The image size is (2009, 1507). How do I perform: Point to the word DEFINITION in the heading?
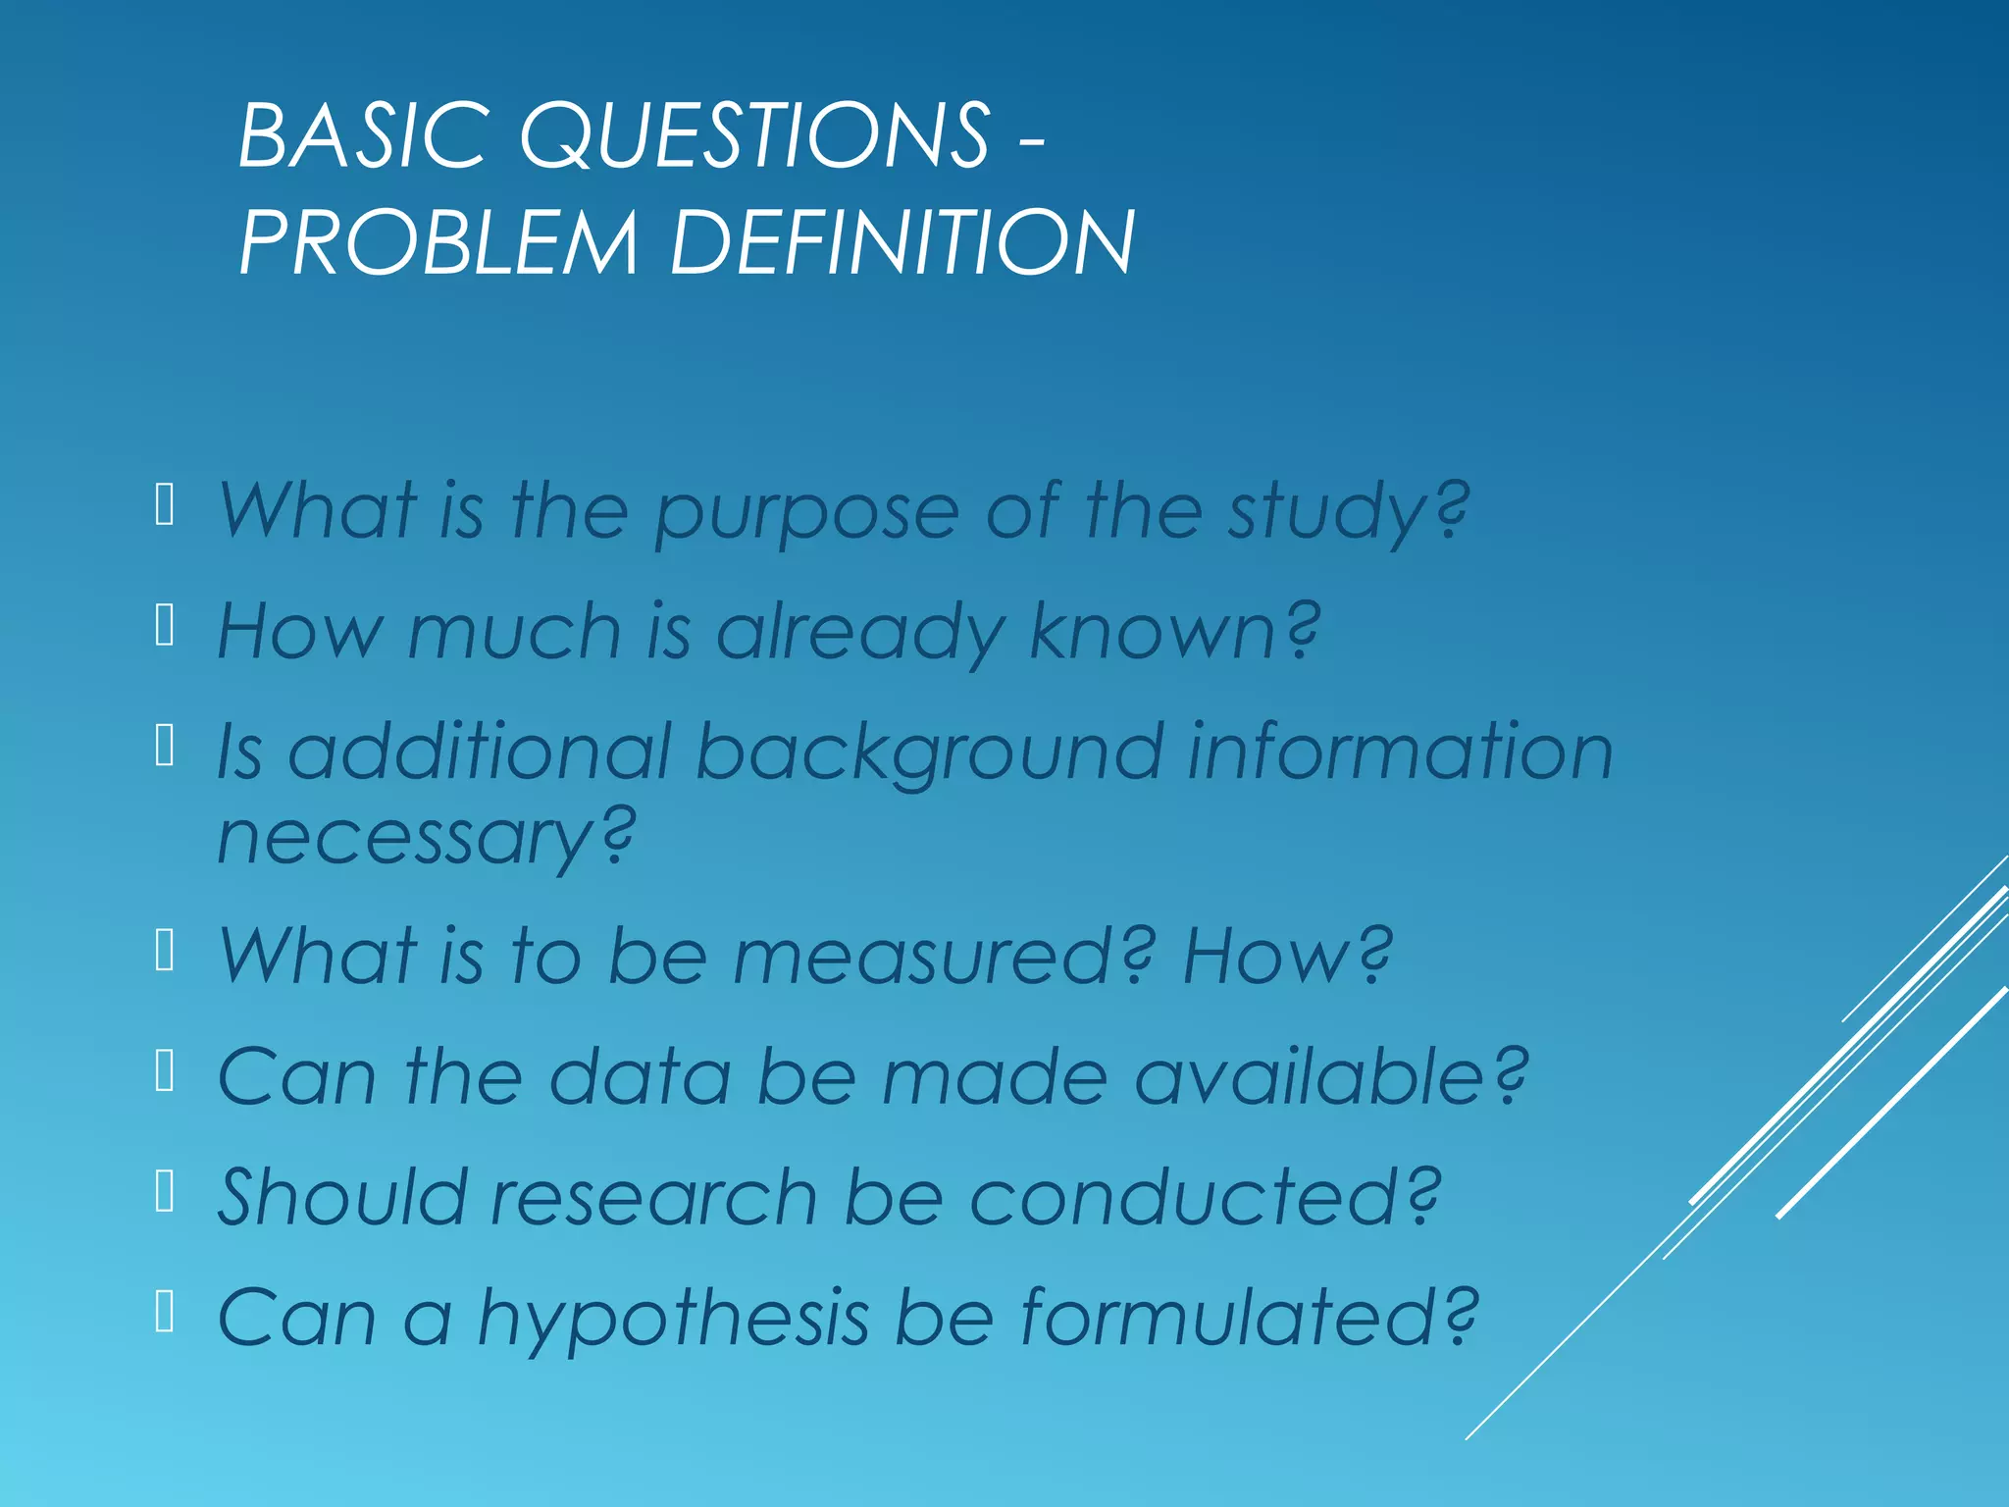point(901,242)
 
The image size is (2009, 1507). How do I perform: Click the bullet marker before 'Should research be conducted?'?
point(165,1193)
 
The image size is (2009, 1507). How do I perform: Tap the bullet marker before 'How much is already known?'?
point(165,626)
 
